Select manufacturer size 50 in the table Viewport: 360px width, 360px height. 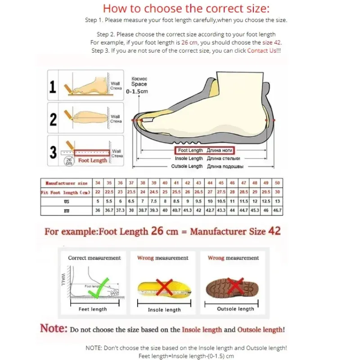point(277,183)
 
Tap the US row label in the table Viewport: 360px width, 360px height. point(66,202)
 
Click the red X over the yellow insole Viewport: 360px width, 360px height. point(164,286)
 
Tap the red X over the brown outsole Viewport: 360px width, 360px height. point(235,285)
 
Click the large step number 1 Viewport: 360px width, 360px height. point(53,86)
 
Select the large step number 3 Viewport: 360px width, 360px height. point(53,152)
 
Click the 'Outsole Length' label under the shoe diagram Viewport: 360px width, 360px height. point(187,166)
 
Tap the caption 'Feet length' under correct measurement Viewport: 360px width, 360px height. point(93,309)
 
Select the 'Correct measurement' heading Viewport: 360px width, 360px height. point(94,258)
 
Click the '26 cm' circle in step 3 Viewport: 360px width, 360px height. point(68,162)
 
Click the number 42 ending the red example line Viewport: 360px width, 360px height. point(274,231)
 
